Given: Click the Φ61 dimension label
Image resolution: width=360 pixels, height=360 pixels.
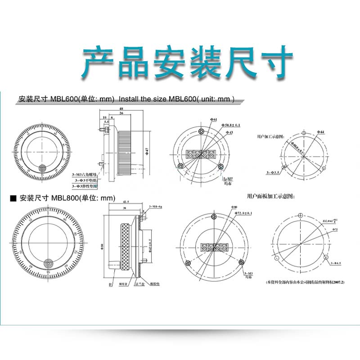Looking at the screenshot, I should (x=213, y=119).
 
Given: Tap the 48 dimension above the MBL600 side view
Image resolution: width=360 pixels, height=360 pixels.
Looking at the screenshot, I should (x=121, y=109).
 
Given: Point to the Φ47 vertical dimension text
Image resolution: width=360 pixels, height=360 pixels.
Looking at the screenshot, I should (x=147, y=152).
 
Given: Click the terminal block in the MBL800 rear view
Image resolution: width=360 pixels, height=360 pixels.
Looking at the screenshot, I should (x=215, y=248).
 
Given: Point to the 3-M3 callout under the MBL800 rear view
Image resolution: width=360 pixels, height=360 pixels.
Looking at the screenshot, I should (x=248, y=275).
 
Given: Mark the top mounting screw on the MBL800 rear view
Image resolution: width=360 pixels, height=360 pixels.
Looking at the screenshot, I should (x=216, y=217).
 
